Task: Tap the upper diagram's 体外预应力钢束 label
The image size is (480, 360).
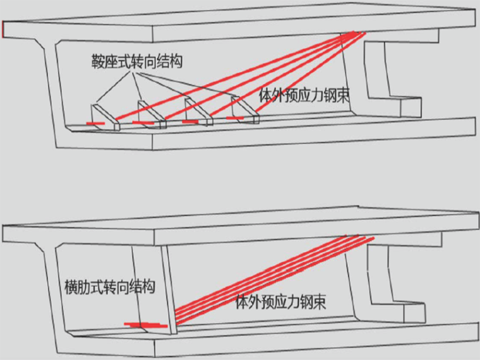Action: click(304, 96)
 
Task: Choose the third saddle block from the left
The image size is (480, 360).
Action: click(198, 112)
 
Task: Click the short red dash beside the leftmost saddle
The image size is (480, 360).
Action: click(96, 123)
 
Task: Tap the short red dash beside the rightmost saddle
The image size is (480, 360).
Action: click(235, 117)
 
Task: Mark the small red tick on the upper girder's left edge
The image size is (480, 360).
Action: click(3, 29)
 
